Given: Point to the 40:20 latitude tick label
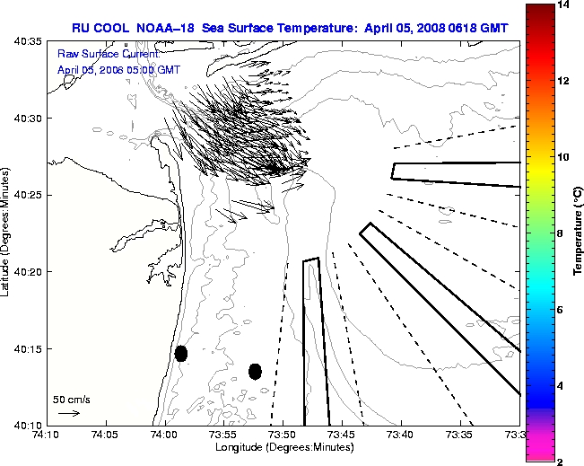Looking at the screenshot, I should [x=29, y=271].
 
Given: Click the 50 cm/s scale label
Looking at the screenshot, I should [x=72, y=399].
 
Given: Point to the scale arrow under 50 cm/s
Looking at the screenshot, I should [x=69, y=413].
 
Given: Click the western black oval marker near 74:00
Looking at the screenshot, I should [x=181, y=353].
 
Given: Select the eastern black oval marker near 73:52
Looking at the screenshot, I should [x=255, y=371].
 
